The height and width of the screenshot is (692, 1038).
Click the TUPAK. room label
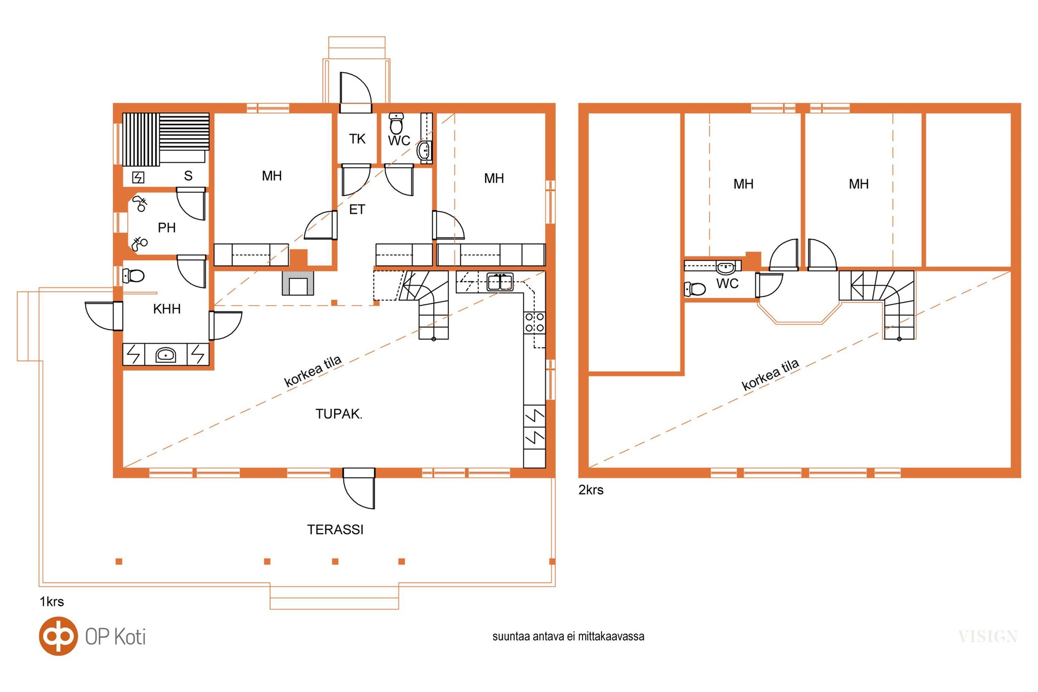339,414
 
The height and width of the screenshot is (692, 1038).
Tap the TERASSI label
336,529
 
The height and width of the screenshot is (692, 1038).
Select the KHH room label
167,309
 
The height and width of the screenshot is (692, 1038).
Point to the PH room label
167,228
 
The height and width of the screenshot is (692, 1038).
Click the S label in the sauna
189,176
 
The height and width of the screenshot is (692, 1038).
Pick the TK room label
357,139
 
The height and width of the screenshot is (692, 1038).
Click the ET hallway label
357,209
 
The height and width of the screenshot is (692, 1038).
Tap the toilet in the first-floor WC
396,124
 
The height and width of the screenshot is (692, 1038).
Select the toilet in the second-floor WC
695,289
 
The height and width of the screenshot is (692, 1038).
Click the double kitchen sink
500,282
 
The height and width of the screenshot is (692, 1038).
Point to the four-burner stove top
535,323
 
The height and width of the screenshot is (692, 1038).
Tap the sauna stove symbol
138,177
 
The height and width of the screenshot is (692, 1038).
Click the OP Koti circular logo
58,636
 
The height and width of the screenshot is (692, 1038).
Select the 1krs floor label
51,602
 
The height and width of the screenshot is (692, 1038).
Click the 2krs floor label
591,490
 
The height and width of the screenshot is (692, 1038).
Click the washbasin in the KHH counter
166,354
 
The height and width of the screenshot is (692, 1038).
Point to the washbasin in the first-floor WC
425,151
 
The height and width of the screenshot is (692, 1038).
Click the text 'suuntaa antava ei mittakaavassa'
568,636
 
